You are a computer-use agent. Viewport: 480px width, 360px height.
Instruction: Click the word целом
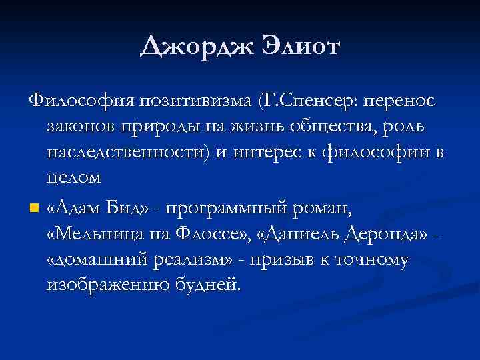74,178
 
